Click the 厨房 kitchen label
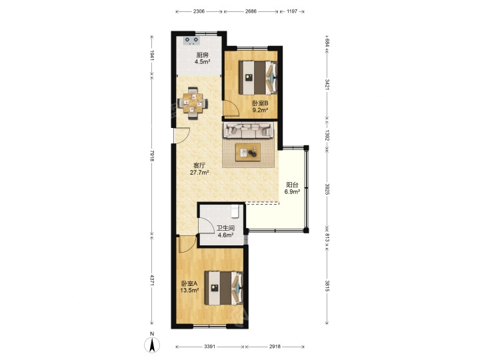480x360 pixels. coord(203,55)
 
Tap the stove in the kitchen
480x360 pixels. coord(191,41)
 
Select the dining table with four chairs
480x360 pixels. coord(193,103)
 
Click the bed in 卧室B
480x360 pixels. coord(258,77)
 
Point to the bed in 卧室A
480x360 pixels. coord(224,288)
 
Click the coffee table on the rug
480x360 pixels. coord(248,152)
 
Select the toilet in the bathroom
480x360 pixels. coord(235,211)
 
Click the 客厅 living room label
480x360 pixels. coord(199,165)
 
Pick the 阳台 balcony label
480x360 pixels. coord(292,185)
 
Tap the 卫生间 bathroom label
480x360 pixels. coord(225,229)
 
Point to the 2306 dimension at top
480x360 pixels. coord(199,11)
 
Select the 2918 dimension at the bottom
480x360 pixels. coord(275,347)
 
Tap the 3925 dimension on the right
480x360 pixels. coord(327,189)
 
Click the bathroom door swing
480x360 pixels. coord(206,225)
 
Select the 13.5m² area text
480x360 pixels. coord(189,290)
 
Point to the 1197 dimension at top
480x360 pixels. coord(292,11)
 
